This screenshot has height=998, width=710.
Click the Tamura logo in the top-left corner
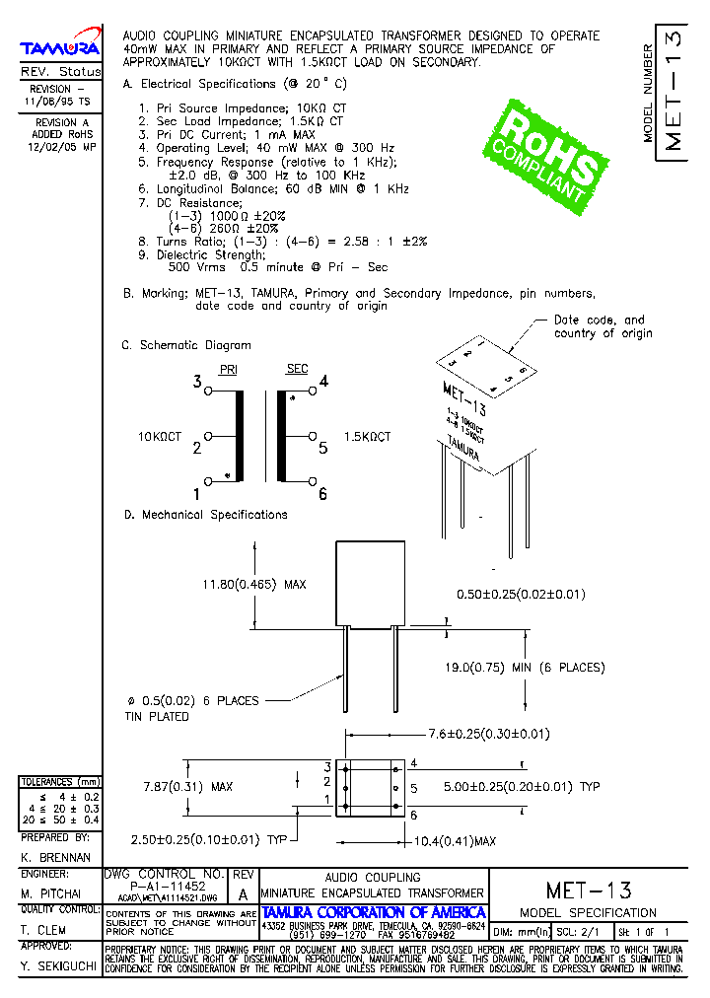(x=60, y=46)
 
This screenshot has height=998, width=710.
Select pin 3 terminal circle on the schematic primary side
(x=208, y=392)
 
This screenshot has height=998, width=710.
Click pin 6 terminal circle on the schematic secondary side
(x=313, y=480)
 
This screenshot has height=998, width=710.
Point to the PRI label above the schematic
(x=229, y=369)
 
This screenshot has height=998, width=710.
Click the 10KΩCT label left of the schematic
(x=160, y=436)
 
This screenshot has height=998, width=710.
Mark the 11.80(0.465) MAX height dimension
(x=254, y=584)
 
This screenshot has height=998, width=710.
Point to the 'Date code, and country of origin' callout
(x=603, y=326)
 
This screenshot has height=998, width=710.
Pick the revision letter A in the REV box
(x=243, y=894)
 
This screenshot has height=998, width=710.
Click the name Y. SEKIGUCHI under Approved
(x=57, y=968)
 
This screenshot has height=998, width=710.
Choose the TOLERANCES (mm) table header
(x=60, y=782)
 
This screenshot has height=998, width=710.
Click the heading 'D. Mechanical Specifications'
(x=205, y=515)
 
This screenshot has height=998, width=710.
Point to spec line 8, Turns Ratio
(x=282, y=241)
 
